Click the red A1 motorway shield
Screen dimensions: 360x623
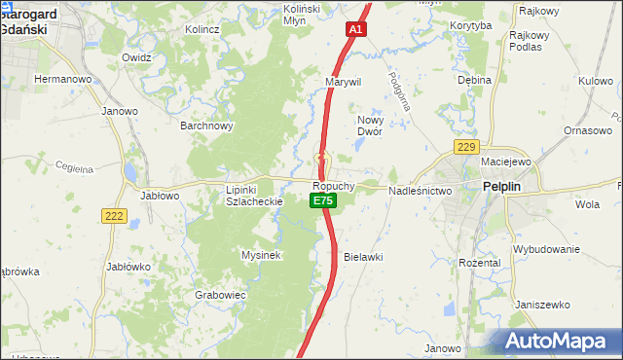click(356, 30)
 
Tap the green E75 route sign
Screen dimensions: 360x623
click(323, 200)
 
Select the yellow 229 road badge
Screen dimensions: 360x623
click(466, 147)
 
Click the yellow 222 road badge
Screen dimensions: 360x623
click(114, 216)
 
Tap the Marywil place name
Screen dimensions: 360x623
click(344, 82)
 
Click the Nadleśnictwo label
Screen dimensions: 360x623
click(421, 192)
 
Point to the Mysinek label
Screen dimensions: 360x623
click(261, 255)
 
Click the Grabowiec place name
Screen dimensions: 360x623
click(219, 294)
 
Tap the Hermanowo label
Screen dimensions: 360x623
click(62, 78)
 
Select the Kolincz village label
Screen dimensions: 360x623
click(202, 29)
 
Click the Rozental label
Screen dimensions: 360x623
click(479, 263)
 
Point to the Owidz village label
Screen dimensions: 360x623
click(136, 57)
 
